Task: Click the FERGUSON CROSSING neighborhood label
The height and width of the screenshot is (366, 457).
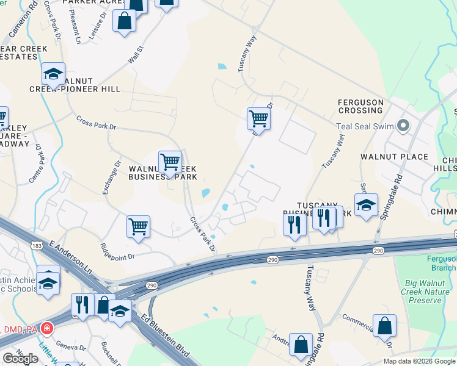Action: [x=360, y=106]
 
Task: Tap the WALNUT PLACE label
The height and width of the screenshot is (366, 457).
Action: [x=394, y=157]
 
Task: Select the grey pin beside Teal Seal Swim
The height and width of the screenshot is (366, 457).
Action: [x=403, y=126]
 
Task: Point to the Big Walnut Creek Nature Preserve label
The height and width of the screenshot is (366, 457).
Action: [x=428, y=292]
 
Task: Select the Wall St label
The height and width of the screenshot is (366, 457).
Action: [x=135, y=55]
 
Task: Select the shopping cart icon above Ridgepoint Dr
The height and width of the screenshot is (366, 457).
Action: [x=138, y=226]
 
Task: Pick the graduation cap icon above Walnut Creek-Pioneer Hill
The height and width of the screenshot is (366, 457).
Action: [x=54, y=74]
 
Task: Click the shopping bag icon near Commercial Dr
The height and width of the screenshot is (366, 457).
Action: [x=384, y=326]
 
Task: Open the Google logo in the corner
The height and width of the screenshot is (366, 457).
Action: [x=20, y=359]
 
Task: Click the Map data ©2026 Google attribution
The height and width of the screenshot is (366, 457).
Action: [x=419, y=361]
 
